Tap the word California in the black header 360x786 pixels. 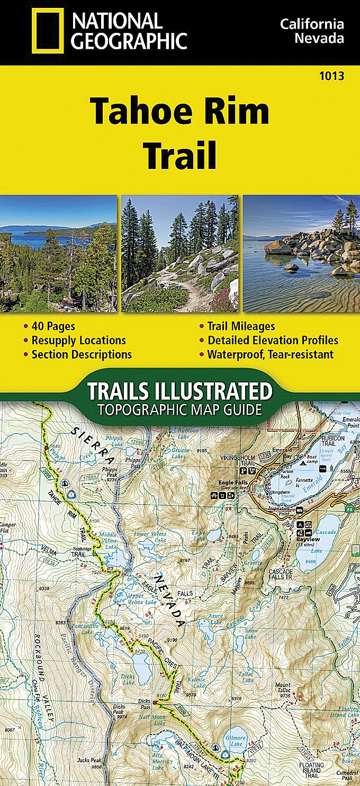pyautogui.click(x=312, y=24)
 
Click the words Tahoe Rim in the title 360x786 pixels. pyautogui.click(x=179, y=111)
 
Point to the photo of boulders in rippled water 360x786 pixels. pyautogui.click(x=301, y=253)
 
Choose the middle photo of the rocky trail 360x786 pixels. pyautogui.click(x=179, y=253)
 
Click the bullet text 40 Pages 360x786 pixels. pyautogui.click(x=53, y=326)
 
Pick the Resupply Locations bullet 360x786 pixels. pyautogui.click(x=78, y=340)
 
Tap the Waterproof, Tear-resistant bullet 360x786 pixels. pyautogui.click(x=270, y=354)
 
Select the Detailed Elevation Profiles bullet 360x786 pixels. pyautogui.click(x=273, y=340)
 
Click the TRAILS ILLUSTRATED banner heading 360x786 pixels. pyautogui.click(x=179, y=391)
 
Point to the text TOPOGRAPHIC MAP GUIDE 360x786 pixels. pyautogui.click(x=179, y=409)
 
